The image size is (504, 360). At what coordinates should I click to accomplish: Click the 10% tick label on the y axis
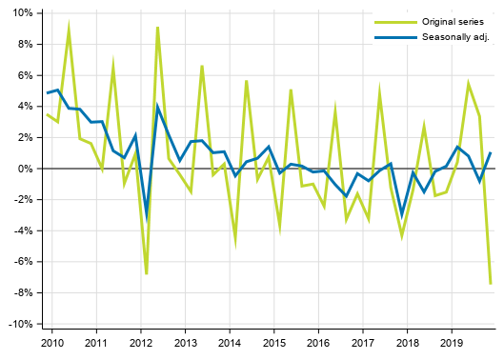click(21, 13)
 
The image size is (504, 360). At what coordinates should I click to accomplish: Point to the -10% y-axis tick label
click(19, 324)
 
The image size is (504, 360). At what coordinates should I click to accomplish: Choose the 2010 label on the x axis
click(51, 342)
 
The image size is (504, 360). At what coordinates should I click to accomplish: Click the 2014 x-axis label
click(230, 342)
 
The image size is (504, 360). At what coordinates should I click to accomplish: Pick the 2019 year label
click(452, 342)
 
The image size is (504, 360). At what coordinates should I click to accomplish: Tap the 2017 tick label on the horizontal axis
click(363, 342)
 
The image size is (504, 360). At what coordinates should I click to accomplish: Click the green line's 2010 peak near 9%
click(69, 27)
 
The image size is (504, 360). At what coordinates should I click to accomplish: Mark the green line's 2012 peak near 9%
click(157, 27)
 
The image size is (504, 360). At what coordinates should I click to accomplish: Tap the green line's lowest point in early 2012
click(147, 274)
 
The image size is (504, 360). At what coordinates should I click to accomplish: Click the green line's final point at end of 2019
click(491, 284)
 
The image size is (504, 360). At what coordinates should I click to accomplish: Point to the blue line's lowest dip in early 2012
click(147, 217)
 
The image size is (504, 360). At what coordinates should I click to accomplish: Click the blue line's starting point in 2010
click(47, 93)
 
